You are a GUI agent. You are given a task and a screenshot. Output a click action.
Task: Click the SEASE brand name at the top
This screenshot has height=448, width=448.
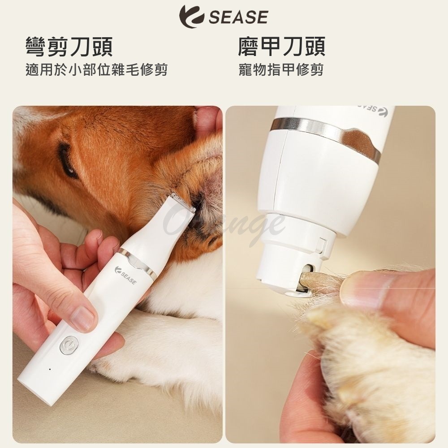(x=238, y=17)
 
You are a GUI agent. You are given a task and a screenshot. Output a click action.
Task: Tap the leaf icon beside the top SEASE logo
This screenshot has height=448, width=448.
(x=192, y=17)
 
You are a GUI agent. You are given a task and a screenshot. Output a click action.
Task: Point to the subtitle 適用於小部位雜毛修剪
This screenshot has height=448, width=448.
(x=96, y=70)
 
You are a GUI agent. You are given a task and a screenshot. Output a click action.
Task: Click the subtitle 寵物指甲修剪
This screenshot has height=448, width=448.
(x=281, y=70)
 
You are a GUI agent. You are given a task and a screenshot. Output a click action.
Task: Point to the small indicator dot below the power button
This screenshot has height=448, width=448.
(x=49, y=369)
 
